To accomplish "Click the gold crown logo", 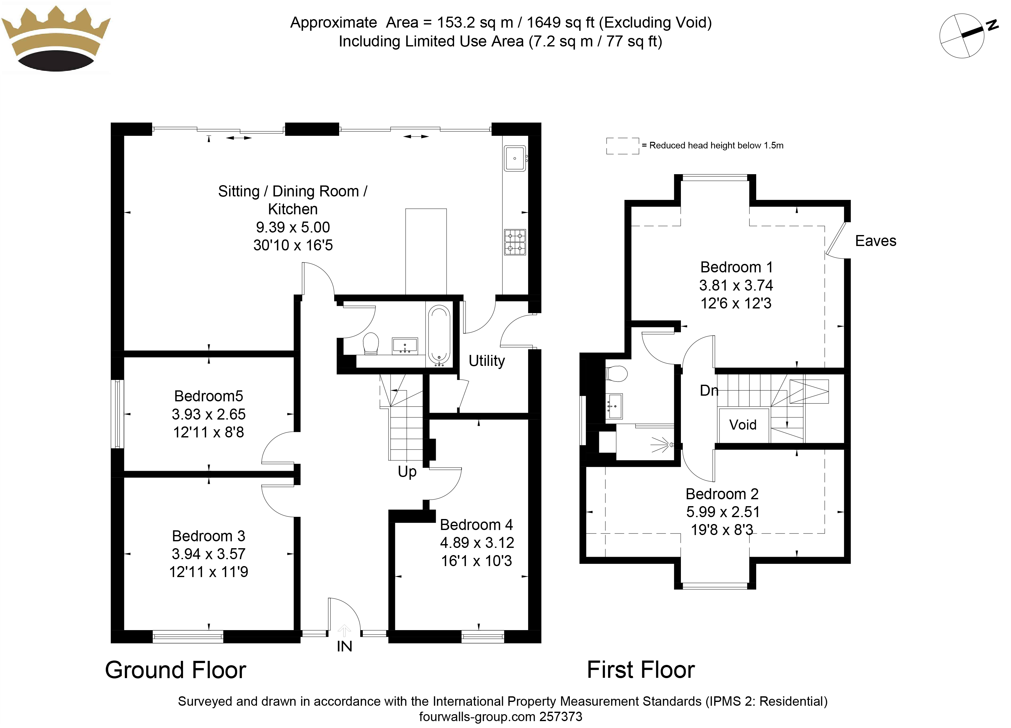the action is (56, 39).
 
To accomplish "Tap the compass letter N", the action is (992, 25).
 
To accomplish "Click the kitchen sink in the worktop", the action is (515, 158).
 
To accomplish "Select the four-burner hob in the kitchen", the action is (515, 242).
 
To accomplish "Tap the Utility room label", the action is (487, 361).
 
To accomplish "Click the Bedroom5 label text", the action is (209, 396).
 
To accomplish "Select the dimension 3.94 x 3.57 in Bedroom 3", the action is (209, 554).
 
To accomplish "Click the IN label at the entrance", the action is (344, 646).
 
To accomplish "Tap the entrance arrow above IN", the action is (344, 631).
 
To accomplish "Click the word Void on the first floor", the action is (743, 425).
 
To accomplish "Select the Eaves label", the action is (875, 241).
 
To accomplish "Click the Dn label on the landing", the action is (709, 391).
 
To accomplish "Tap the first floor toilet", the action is (617, 374).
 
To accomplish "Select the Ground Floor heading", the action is (176, 670).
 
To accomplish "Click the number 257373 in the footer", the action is (561, 717).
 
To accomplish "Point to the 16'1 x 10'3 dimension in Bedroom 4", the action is (477, 561).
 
